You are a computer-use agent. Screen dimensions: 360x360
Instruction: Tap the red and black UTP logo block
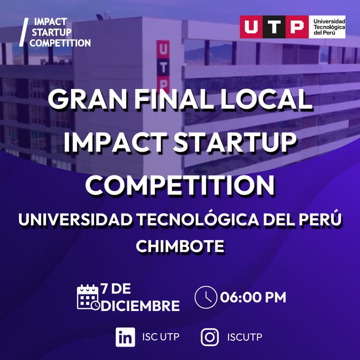pos(274,27)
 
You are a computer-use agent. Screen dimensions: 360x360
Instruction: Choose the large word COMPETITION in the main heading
pos(180,184)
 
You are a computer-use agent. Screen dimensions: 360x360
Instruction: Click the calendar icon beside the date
pos(88,297)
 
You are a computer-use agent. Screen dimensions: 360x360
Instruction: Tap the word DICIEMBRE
pos(140,306)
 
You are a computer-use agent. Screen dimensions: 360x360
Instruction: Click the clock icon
pos(206,297)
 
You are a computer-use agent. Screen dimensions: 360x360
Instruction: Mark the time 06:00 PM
pos(253,297)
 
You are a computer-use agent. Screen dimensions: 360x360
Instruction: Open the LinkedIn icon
pos(125,337)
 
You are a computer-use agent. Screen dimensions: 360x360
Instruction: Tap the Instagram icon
pos(210,337)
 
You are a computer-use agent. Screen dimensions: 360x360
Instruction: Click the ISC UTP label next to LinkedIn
pos(160,337)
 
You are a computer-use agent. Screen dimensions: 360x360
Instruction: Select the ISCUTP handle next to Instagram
pos(245,337)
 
